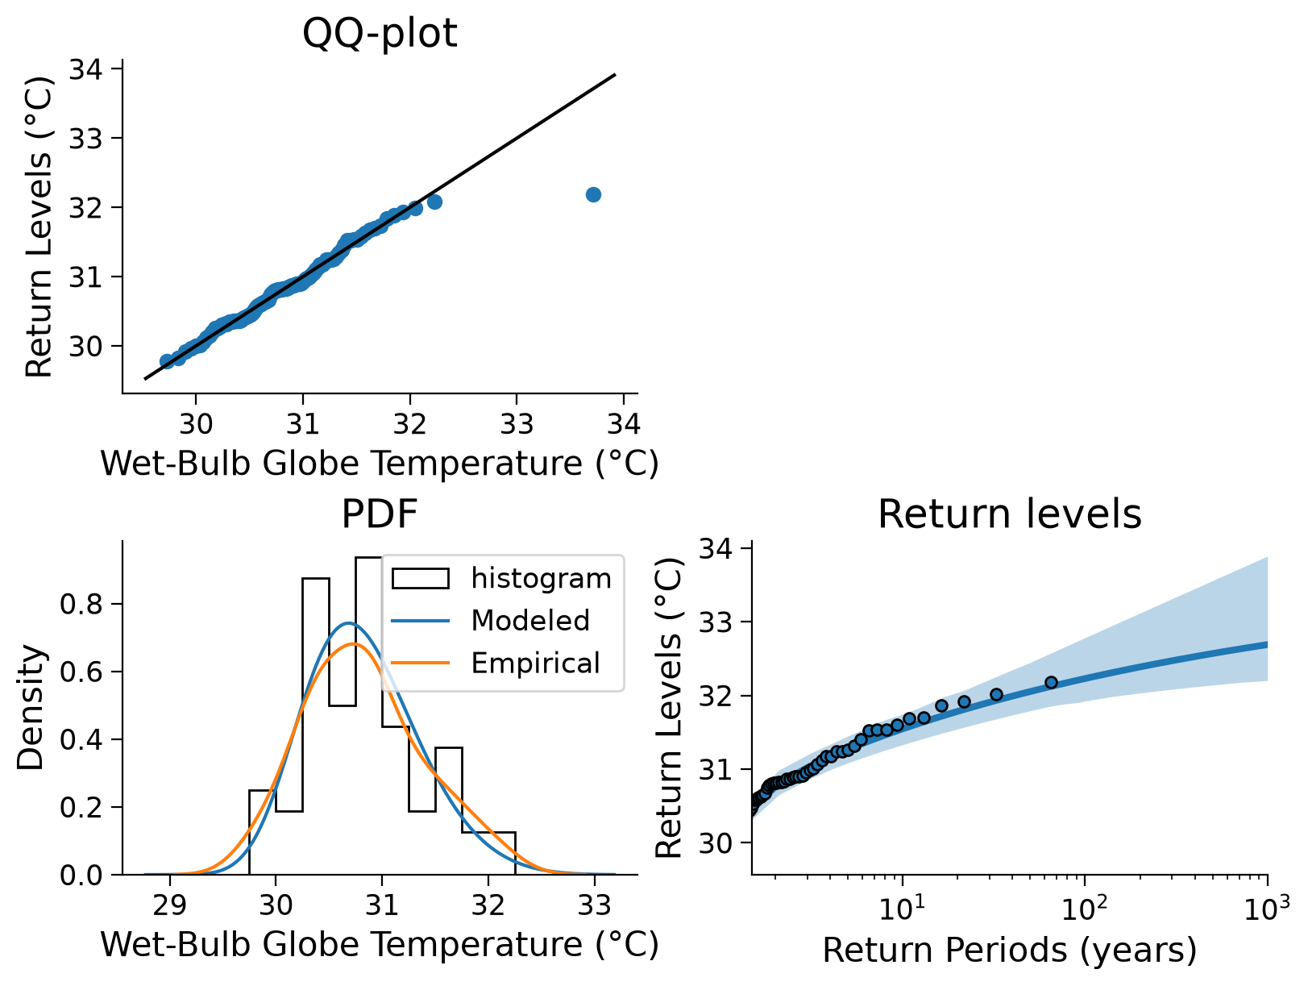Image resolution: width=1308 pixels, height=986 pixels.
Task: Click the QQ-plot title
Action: pyautogui.click(x=379, y=33)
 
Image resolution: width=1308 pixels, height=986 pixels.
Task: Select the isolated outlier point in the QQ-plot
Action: pyautogui.click(x=593, y=195)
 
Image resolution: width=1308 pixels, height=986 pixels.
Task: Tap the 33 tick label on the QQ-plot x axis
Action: pyautogui.click(x=516, y=424)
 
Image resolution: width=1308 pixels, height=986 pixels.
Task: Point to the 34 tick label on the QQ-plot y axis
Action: pyautogui.click(x=85, y=69)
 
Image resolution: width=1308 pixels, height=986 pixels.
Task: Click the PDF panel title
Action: pyautogui.click(x=379, y=514)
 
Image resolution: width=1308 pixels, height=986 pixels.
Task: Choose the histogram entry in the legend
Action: pyautogui.click(x=501, y=578)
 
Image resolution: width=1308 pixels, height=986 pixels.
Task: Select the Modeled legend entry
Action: pyautogui.click(x=491, y=621)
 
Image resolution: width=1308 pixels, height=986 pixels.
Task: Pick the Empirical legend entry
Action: pyautogui.click(x=495, y=663)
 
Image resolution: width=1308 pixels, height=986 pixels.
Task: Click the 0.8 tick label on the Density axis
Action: pyautogui.click(x=81, y=604)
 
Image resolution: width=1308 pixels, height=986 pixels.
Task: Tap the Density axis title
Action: pyautogui.click(x=30, y=708)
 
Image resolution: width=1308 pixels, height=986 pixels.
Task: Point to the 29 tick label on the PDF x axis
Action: pyautogui.click(x=170, y=906)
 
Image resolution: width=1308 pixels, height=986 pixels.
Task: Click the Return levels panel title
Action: pyautogui.click(x=1010, y=514)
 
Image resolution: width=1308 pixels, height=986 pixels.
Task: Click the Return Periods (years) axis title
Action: pyautogui.click(x=1010, y=951)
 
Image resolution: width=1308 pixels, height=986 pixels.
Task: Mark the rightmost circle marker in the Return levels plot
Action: pyautogui.click(x=1051, y=682)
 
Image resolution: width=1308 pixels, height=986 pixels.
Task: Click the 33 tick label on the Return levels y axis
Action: pyautogui.click(x=715, y=622)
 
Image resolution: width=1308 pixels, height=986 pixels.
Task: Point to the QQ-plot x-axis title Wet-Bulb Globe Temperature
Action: pyautogui.click(x=380, y=464)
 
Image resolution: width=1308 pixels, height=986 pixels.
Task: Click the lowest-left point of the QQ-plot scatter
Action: pyautogui.click(x=167, y=361)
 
